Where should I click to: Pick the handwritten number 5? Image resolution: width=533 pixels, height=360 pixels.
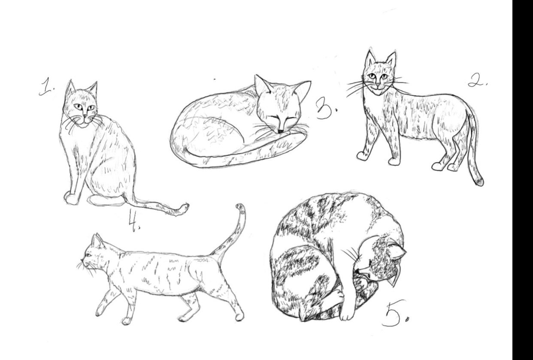pyautogui.click(x=393, y=315)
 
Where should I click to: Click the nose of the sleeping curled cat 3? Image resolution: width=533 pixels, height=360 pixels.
pyautogui.click(x=280, y=130)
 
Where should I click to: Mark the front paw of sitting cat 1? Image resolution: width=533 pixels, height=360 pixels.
pyautogui.click(x=71, y=198)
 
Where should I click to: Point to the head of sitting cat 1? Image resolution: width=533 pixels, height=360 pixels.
pyautogui.click(x=82, y=105)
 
